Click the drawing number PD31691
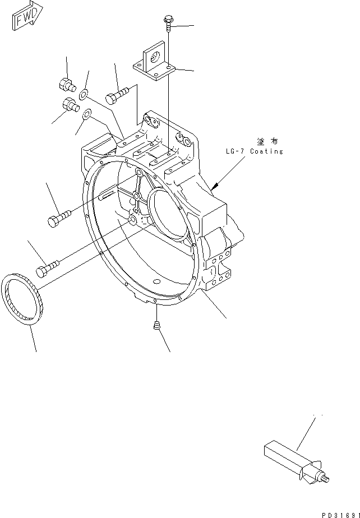click(x=339, y=513)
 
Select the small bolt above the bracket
click(x=168, y=22)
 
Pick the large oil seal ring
click(x=24, y=298)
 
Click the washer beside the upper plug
click(x=84, y=94)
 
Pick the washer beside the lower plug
click(x=87, y=115)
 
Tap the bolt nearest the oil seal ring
click(x=47, y=267)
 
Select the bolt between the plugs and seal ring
click(x=58, y=218)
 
